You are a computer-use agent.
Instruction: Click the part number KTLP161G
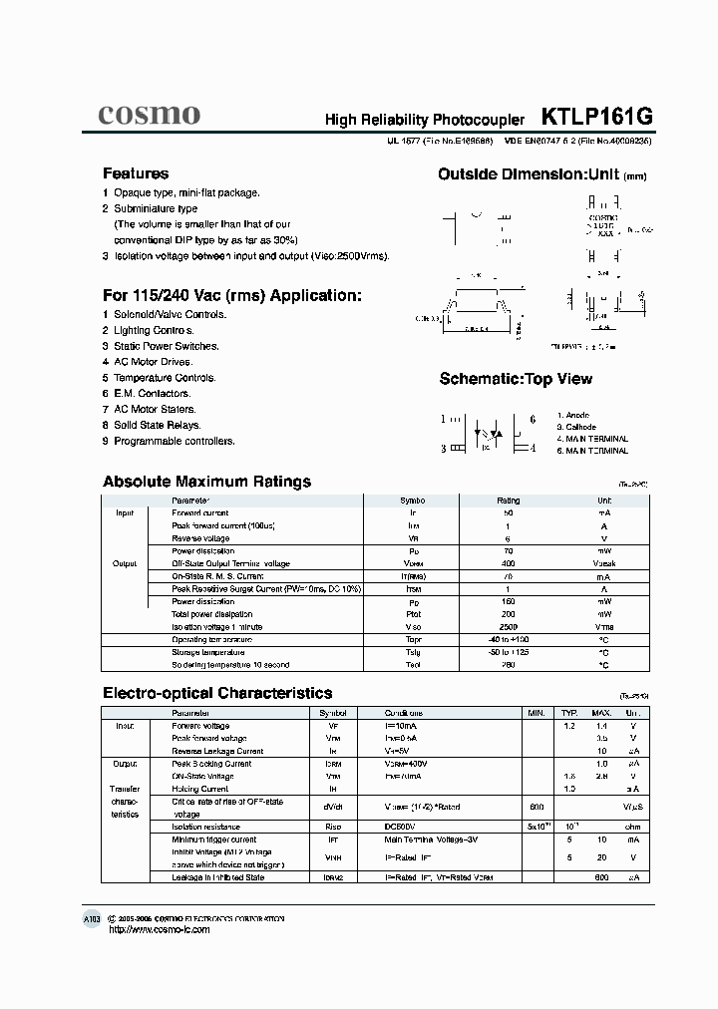tap(596, 117)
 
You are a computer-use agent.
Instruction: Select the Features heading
tap(136, 173)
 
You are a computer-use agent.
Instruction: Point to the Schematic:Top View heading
tap(516, 379)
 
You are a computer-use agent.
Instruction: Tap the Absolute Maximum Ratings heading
tap(206, 482)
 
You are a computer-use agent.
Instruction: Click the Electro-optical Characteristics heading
tap(217, 693)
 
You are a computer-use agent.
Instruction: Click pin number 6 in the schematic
tap(533, 420)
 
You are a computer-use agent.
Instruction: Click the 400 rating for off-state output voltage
tap(508, 563)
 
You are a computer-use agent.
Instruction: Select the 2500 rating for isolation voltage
tap(508, 627)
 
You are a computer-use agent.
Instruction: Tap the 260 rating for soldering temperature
tap(508, 664)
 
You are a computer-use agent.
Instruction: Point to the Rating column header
tap(508, 501)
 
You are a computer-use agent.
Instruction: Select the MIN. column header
tap(537, 713)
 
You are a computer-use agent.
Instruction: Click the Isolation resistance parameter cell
tap(205, 827)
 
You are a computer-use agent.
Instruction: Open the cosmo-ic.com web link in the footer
tap(159, 929)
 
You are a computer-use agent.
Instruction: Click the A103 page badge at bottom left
tap(92, 917)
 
